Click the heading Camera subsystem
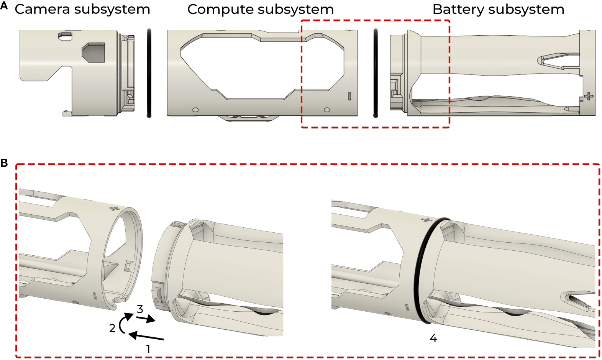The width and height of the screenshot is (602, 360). (82, 9)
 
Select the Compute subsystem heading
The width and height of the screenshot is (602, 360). (260, 9)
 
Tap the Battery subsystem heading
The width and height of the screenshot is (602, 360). (498, 9)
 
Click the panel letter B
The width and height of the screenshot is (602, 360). (4, 163)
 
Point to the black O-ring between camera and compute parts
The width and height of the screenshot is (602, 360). (149, 73)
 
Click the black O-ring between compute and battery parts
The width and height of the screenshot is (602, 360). (376, 73)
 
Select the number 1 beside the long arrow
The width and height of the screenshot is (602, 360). (148, 349)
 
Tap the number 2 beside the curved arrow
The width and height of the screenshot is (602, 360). (112, 328)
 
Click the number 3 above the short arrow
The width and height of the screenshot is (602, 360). (140, 309)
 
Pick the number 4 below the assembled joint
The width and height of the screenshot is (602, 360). (433, 338)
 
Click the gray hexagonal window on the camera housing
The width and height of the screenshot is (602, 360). (93, 52)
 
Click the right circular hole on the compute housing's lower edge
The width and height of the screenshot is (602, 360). (327, 110)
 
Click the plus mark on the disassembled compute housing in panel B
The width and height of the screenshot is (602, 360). (114, 209)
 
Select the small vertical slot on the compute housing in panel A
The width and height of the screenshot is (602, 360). (350, 96)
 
